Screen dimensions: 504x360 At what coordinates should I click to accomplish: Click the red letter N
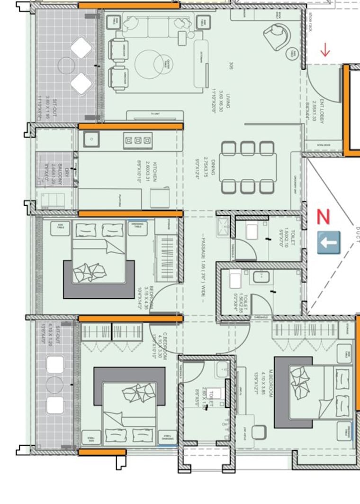pos(323,217)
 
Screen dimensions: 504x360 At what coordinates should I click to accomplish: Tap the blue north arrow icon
pos(329,242)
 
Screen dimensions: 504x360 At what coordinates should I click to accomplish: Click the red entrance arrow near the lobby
pos(325,50)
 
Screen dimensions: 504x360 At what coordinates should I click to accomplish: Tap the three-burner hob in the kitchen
pos(137,140)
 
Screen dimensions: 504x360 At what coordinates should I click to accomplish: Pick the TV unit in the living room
pos(154,115)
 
